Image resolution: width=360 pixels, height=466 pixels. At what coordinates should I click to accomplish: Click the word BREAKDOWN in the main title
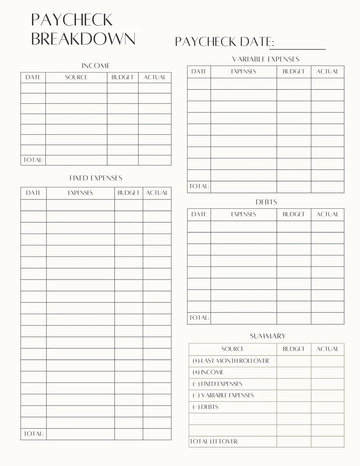[x=83, y=39]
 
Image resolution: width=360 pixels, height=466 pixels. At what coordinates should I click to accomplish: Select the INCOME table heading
[x=96, y=66]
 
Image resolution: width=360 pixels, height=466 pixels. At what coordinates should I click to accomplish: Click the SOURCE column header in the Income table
[x=76, y=77]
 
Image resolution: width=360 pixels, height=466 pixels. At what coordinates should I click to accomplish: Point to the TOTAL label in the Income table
[x=33, y=160]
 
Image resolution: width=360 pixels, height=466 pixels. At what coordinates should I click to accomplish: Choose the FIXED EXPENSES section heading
[x=96, y=178]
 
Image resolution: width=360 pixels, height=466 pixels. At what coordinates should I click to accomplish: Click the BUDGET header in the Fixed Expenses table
[x=128, y=193]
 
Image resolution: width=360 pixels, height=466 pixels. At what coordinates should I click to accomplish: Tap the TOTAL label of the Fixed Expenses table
[x=34, y=434]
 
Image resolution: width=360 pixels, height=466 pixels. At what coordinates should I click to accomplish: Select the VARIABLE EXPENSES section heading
[x=266, y=59]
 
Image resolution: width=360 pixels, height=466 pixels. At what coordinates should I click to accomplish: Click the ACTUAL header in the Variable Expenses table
[x=327, y=71]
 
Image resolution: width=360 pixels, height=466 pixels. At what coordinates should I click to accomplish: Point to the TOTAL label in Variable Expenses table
[x=199, y=186]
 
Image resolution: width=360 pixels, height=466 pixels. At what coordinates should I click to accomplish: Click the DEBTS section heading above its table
[x=266, y=202]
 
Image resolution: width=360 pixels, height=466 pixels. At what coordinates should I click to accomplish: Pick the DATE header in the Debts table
[x=199, y=214]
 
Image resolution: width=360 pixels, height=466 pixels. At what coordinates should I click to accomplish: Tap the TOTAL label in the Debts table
[x=199, y=318]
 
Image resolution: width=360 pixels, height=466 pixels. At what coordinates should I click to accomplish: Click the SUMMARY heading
[x=268, y=336]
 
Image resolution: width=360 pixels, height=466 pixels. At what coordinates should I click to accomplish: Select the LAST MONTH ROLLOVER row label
[x=231, y=361]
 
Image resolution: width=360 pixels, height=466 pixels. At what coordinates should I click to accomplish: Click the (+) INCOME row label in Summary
[x=208, y=372]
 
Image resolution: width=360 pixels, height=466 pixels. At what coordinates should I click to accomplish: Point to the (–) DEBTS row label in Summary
[x=205, y=407]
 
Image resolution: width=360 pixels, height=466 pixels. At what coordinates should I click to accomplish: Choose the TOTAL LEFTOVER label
[x=214, y=441]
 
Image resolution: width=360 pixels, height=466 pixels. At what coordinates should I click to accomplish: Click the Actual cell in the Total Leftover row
[x=327, y=441]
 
